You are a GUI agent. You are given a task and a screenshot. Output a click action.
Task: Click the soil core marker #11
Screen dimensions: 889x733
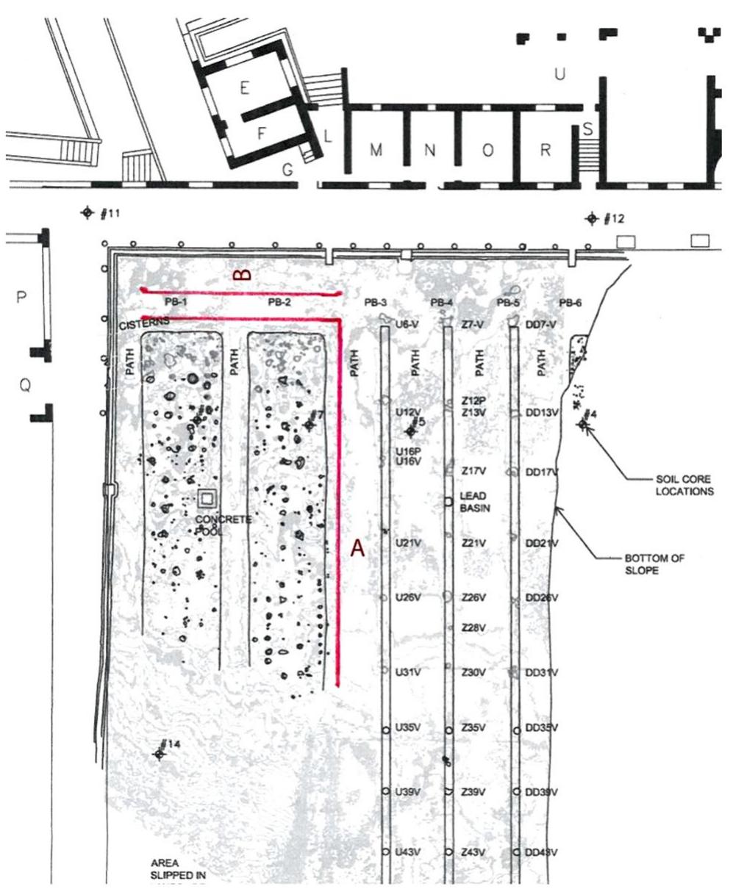point(87,213)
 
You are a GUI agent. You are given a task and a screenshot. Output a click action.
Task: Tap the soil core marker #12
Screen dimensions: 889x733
point(591,219)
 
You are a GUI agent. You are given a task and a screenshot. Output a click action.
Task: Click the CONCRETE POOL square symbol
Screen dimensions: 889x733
point(207,498)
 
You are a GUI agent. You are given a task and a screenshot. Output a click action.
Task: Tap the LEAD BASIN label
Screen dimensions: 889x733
point(473,502)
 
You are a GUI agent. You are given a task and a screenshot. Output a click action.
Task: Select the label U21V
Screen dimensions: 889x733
point(408,543)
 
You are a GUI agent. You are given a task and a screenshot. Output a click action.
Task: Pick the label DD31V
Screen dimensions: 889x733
point(542,673)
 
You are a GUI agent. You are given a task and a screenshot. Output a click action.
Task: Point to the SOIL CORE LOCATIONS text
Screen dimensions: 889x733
point(684,486)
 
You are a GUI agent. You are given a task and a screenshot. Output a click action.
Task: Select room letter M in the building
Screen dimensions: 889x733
point(376,151)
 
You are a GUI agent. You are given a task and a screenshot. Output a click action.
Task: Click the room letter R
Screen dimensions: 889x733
point(546,151)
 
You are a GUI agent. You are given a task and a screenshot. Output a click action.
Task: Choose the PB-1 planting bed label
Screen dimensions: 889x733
point(177,302)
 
